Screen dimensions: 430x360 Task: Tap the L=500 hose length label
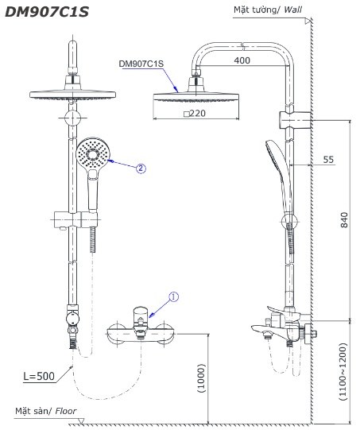40,376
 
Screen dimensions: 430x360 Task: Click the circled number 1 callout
174,296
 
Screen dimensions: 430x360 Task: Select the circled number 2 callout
140,168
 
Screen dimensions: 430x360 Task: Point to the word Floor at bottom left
65,411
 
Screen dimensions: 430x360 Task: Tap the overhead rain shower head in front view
72,89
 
